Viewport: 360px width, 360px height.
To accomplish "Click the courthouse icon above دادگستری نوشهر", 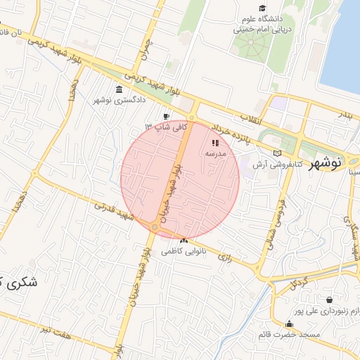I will (117, 89).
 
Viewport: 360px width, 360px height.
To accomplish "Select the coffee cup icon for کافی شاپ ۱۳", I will (166, 117).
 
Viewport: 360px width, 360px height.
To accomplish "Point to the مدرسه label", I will (214, 153).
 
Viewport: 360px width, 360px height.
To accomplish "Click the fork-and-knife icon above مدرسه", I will (214, 143).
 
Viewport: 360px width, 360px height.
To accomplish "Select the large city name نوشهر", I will (325, 161).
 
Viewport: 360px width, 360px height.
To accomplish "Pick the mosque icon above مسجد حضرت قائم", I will (289, 323).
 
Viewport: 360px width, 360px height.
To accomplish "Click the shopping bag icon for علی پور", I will (329, 300).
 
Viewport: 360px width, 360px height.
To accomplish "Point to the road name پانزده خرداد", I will (222, 130).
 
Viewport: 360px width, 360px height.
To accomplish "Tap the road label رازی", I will (224, 257).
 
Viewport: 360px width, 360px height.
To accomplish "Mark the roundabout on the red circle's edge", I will (154, 227).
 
